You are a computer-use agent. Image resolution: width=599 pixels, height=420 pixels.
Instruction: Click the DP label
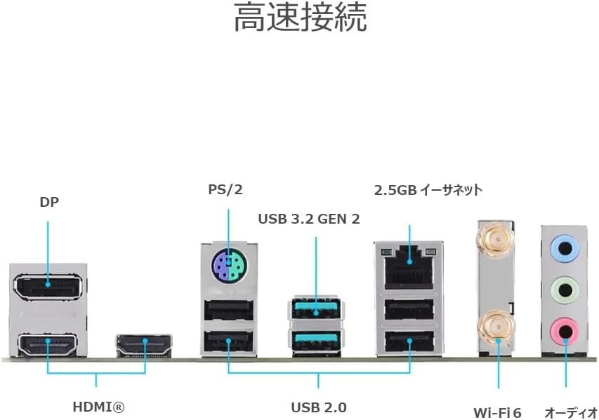49,203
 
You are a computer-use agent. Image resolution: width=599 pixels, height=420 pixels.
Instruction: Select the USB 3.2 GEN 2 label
308,219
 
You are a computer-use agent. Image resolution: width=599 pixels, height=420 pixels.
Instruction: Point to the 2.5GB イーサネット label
428,189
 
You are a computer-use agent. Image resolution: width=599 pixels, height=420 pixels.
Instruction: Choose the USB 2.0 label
319,407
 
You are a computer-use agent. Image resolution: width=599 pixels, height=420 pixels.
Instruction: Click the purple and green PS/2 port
228,266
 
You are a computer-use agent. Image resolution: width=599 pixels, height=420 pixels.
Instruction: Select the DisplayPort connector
48,284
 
